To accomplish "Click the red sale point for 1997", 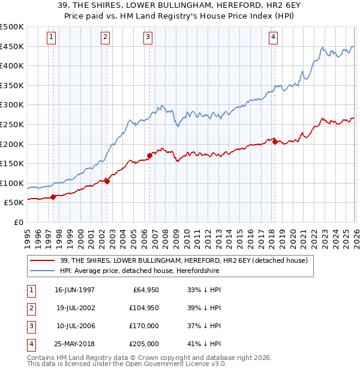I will [x=53, y=196].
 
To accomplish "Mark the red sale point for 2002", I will [x=107, y=181].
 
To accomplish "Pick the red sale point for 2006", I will [x=149, y=155].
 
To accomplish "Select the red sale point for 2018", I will [x=275, y=142].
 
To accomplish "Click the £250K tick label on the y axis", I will [x=12, y=124].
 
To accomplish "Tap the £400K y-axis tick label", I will [x=12, y=66].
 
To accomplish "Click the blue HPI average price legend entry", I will [x=140, y=271].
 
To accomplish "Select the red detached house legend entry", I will [x=184, y=260].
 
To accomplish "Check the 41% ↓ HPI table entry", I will [x=204, y=344].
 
